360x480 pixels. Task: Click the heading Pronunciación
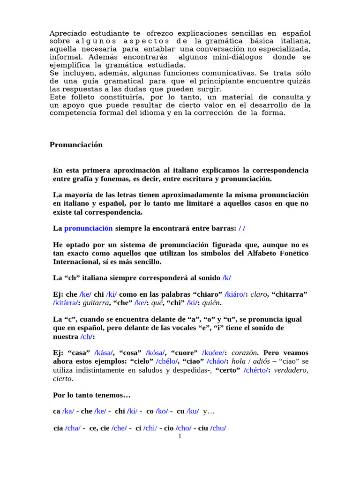point(76,145)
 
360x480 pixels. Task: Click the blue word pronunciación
point(88,228)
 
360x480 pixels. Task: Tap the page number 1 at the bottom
point(180,436)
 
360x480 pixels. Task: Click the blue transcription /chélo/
point(166,361)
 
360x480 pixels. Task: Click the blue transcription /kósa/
point(157,352)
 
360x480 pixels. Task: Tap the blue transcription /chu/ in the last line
point(218,428)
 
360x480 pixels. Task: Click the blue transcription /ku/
point(193,411)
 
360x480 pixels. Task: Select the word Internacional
point(75,262)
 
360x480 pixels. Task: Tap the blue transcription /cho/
point(183,428)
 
